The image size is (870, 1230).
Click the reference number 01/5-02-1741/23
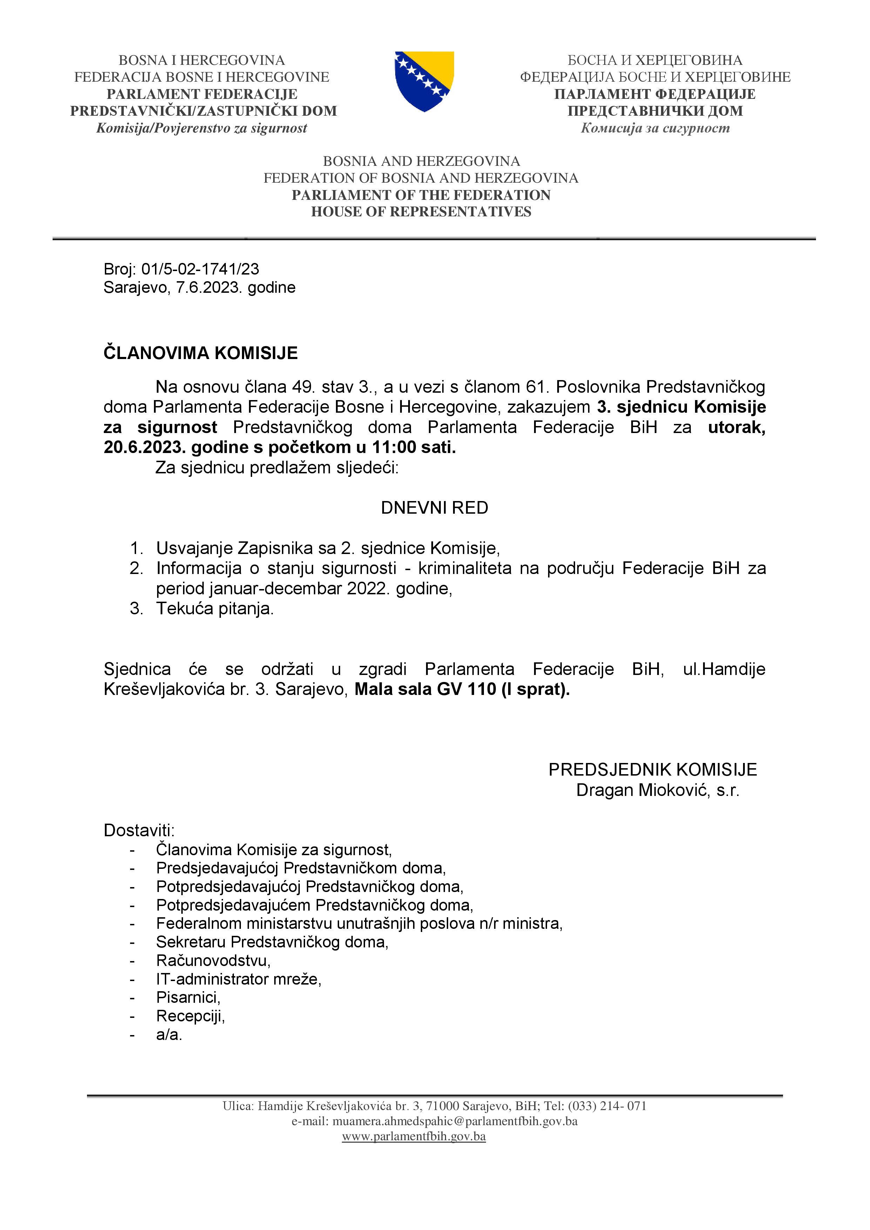point(200,269)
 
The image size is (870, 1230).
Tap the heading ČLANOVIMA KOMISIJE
point(200,353)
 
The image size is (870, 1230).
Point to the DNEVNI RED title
point(434,508)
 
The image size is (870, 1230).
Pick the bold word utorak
point(736,427)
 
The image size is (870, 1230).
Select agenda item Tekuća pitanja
point(215,609)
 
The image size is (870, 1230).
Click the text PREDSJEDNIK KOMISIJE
point(653,770)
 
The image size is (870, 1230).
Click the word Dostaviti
point(139,830)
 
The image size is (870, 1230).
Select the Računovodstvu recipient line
point(213,960)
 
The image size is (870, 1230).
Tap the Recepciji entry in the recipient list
point(190,1016)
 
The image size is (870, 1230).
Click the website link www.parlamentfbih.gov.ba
point(413,1136)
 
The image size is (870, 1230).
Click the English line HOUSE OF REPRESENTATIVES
point(421,212)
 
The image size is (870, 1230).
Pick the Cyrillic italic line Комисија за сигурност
point(655,128)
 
